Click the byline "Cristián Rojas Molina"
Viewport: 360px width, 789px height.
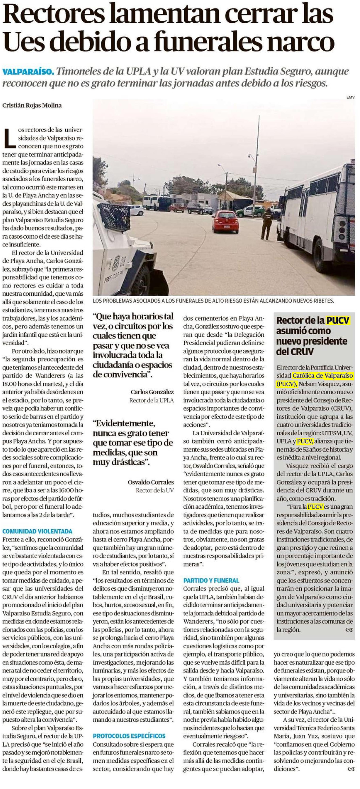[x=32, y=105]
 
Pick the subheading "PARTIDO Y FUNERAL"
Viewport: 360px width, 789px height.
[x=211, y=580]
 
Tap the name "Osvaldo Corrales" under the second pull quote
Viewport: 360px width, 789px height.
[x=150, y=482]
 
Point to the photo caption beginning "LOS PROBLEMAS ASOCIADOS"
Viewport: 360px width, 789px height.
[x=213, y=301]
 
